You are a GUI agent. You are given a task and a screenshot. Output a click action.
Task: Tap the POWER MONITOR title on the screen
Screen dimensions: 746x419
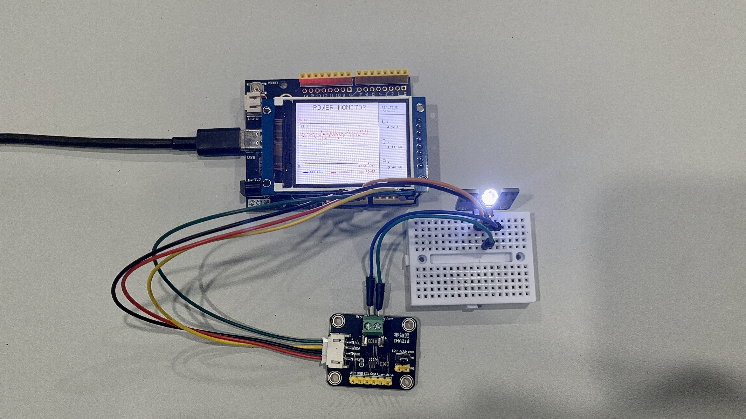[x=339, y=107]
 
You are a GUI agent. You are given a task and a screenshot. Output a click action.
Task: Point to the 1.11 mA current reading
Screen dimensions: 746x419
[x=394, y=147]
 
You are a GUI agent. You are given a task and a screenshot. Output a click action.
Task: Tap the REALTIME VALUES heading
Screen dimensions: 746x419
[x=390, y=109]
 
